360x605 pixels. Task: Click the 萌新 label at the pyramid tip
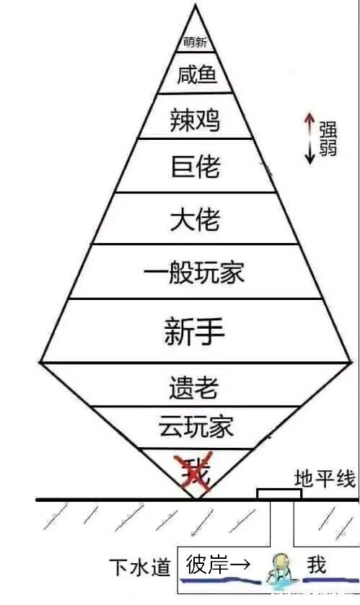click(195, 42)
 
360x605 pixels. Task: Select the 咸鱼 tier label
click(197, 74)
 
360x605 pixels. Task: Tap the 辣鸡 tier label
click(196, 120)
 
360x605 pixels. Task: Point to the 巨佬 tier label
click(196, 166)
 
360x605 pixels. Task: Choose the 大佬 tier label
click(196, 218)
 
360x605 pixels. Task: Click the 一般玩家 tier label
click(194, 272)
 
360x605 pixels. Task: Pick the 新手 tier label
click(195, 331)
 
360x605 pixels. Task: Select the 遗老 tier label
click(194, 387)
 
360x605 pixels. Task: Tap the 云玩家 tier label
click(196, 426)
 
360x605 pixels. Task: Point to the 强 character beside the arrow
click(328, 130)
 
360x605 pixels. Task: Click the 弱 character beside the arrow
click(328, 148)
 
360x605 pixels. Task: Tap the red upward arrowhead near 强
click(309, 117)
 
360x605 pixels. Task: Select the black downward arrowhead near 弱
click(309, 159)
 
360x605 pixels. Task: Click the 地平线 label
click(325, 479)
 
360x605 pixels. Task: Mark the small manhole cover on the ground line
click(279, 494)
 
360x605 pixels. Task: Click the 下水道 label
click(140, 568)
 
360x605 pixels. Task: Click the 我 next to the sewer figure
click(317, 565)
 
